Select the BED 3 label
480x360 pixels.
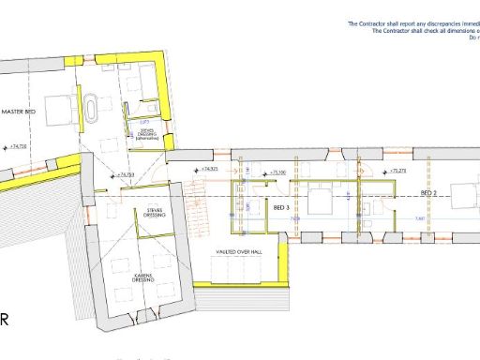point(280,207)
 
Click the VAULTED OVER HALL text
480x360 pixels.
point(235,253)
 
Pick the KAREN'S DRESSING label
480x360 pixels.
point(142,277)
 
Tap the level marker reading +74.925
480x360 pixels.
point(208,169)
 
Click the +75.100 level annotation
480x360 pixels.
point(278,172)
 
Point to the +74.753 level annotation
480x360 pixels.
point(126,174)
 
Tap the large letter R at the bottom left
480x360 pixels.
point(5,320)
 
